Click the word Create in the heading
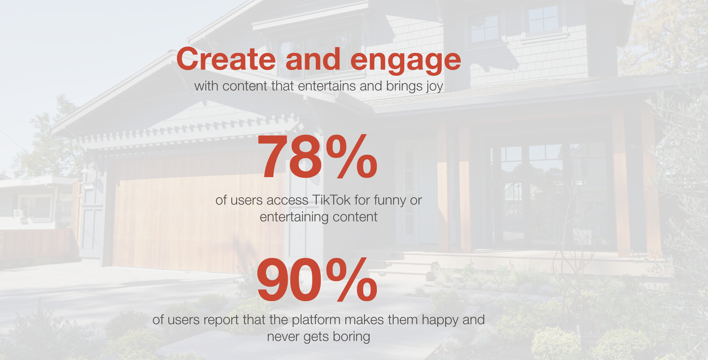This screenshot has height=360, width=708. (x=226, y=59)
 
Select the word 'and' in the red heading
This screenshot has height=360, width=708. (x=313, y=59)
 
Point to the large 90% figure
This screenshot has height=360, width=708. (x=316, y=280)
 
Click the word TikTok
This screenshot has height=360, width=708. (x=331, y=200)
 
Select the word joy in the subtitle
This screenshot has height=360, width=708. (x=435, y=87)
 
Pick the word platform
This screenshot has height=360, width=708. (x=316, y=320)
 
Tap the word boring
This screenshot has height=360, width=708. (x=351, y=337)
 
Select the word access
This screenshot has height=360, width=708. (x=287, y=201)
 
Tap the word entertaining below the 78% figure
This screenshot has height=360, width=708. (x=294, y=217)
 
